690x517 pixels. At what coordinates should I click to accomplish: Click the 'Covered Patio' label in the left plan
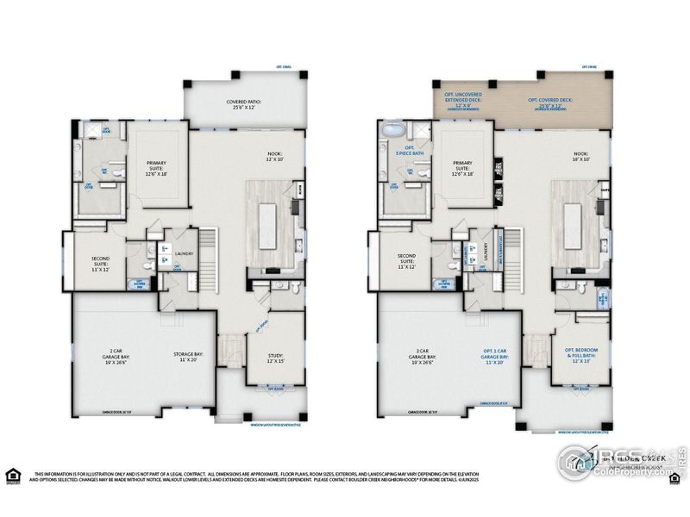(x=243, y=104)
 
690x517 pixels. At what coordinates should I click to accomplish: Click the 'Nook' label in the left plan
(x=274, y=157)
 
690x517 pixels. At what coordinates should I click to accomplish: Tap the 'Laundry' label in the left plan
(x=183, y=253)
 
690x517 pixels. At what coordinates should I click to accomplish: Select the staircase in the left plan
(x=207, y=258)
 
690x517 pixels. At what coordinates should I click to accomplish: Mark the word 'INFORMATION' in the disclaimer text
(x=60, y=475)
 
